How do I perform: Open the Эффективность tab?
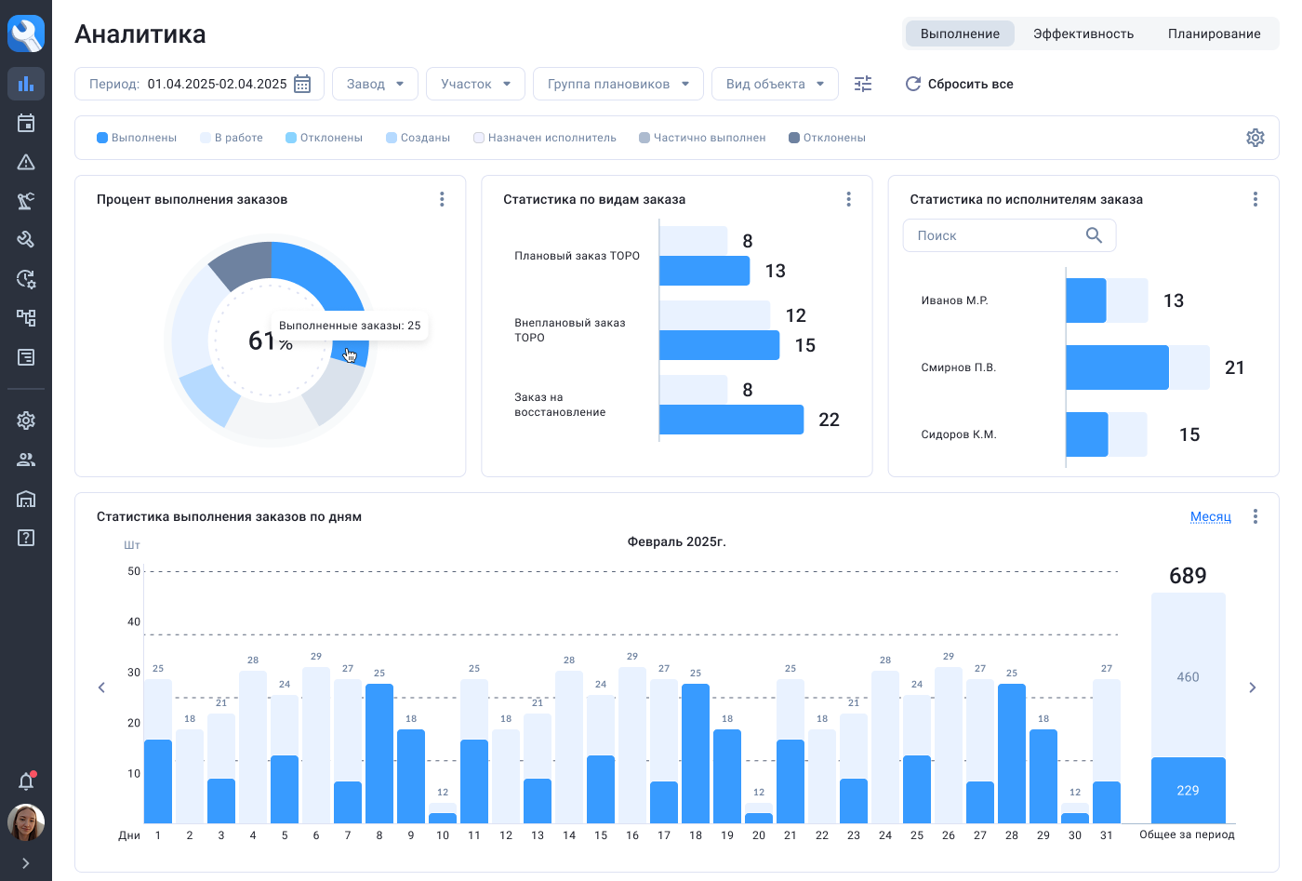point(1083,33)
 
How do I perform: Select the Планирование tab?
point(1214,33)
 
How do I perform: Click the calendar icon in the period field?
point(302,84)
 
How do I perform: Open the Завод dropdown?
point(375,84)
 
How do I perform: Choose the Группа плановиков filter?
point(618,84)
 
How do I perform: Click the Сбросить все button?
point(960,84)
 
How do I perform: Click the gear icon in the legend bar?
point(1255,138)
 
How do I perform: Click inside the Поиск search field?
point(995,235)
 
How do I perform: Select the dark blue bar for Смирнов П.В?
point(1116,367)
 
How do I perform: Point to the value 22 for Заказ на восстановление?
point(829,420)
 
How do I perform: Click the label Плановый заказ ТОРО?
point(577,256)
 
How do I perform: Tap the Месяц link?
point(1210,516)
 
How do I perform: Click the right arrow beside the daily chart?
point(1253,687)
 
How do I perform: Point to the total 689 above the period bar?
point(1188,576)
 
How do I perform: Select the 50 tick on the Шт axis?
point(134,571)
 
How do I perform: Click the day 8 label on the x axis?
point(379,835)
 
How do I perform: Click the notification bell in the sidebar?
point(26,781)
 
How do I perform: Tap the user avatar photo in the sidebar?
point(26,822)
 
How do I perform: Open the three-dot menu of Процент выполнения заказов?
point(442,199)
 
